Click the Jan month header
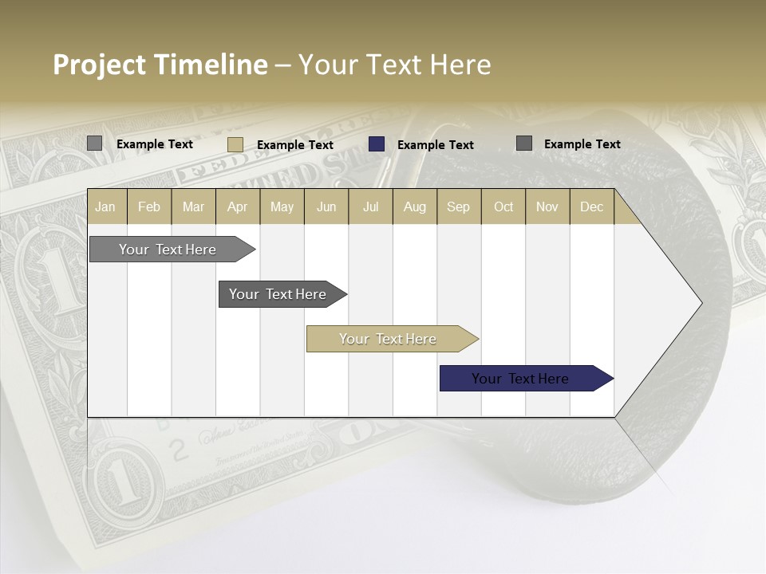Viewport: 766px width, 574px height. click(105, 206)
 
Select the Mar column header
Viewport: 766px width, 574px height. click(193, 206)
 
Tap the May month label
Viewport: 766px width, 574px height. click(282, 206)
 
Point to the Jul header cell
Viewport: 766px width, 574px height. click(370, 206)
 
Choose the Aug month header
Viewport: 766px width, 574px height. click(414, 206)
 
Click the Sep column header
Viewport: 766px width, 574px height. click(458, 206)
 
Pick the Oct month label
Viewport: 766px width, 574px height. click(503, 206)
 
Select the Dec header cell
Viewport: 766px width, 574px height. click(591, 206)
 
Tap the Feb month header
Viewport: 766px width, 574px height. click(149, 206)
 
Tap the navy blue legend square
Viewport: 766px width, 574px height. click(377, 144)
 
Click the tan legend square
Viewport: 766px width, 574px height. click(235, 144)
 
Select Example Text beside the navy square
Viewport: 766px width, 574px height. click(436, 145)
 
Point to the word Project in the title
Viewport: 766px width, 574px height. click(99, 65)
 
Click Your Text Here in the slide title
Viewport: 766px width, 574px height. click(394, 65)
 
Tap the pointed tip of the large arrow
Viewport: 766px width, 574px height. click(701, 303)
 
